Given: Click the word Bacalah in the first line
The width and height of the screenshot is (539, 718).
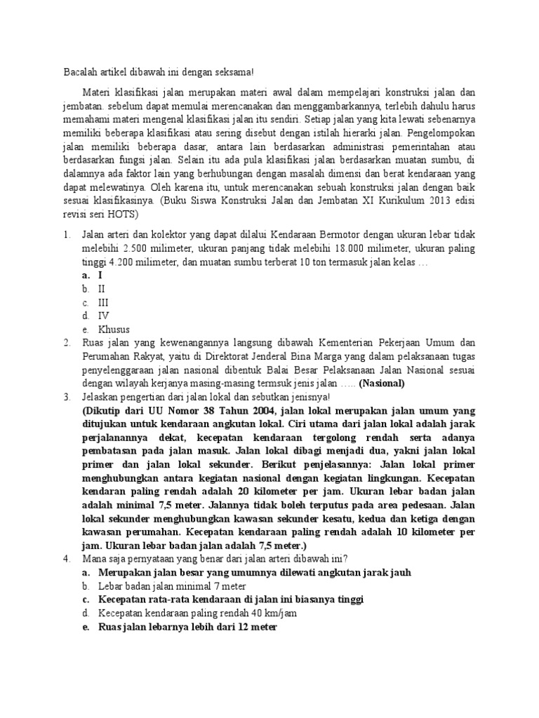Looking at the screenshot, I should pos(80,72).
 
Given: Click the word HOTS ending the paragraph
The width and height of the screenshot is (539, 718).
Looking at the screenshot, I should pos(124,215).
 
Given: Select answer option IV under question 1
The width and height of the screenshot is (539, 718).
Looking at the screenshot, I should pos(103,316).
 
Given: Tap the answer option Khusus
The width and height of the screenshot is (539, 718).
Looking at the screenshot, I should pos(114,329).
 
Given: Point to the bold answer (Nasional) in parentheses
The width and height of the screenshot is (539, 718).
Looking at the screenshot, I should pos(382,383).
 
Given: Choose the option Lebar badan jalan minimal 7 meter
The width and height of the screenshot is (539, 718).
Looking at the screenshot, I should pos(171,585).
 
